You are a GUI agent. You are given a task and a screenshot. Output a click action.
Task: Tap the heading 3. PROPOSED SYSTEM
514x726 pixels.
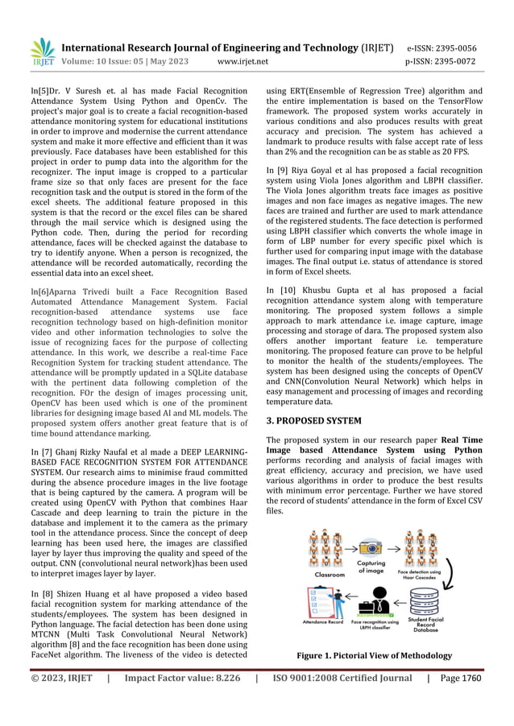pyautogui.click(x=313, y=420)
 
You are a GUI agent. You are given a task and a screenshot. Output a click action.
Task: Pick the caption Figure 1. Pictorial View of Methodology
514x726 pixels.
pyautogui.click(x=375, y=656)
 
